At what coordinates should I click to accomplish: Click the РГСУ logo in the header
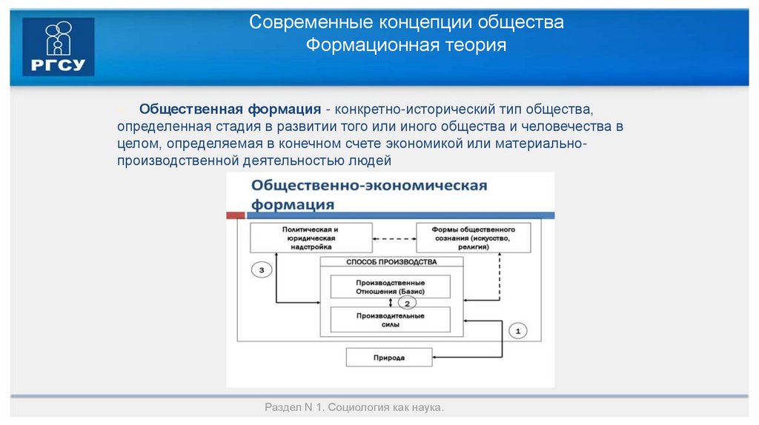(59, 46)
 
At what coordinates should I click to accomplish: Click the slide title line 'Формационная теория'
(406, 46)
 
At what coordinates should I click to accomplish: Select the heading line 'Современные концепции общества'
(406, 22)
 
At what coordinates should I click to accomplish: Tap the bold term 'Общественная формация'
(231, 109)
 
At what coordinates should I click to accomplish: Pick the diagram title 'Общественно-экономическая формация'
(368, 194)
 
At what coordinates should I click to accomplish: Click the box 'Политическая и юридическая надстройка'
(310, 238)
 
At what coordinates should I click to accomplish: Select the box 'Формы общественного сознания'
(473, 238)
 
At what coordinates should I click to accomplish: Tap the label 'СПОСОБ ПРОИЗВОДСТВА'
(391, 262)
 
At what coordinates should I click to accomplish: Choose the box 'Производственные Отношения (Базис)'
(390, 287)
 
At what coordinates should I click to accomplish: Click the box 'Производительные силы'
(390, 320)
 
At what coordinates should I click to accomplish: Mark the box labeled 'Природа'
(389, 358)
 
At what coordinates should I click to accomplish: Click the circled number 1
(518, 329)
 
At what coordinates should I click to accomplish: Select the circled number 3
(262, 270)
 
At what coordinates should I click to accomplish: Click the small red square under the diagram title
(235, 215)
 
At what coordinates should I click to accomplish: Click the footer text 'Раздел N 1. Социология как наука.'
(354, 408)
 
